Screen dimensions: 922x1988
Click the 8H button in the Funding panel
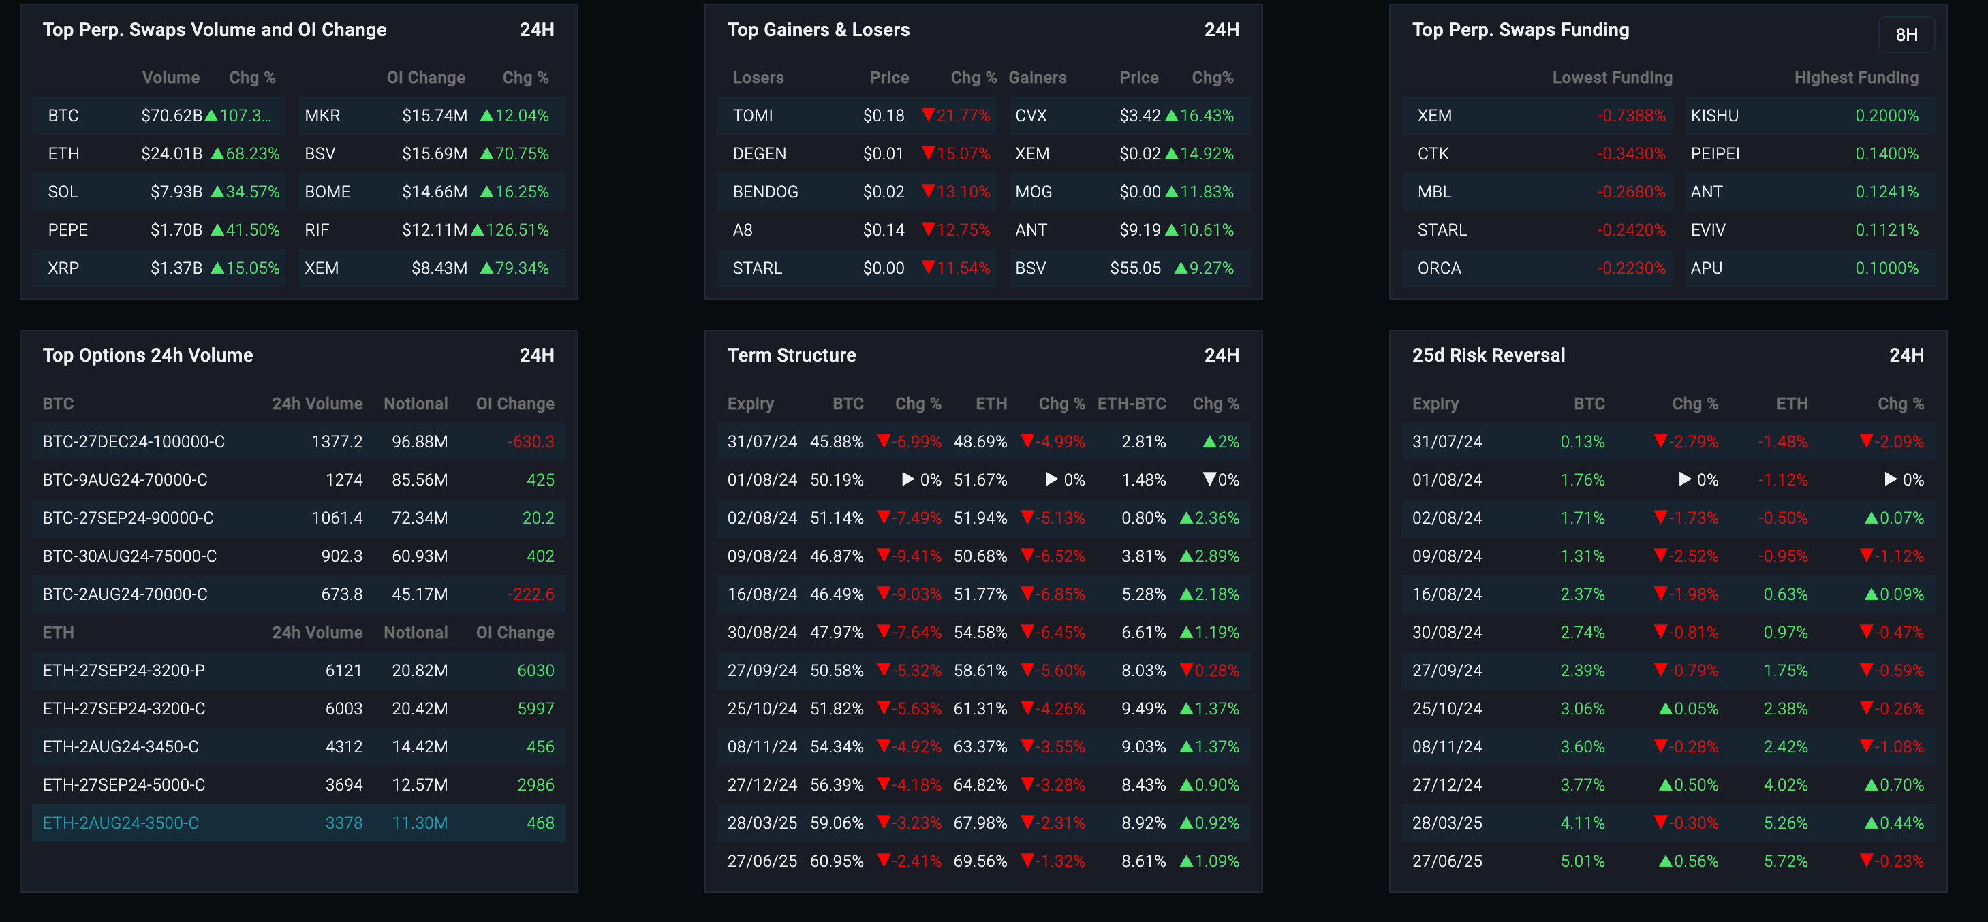point(1906,35)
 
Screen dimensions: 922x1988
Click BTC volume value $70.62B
point(171,116)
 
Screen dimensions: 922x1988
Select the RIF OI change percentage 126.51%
point(516,230)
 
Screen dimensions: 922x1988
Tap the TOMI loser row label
point(752,116)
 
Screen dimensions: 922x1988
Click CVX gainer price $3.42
point(1139,116)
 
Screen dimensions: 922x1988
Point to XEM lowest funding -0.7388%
point(1631,116)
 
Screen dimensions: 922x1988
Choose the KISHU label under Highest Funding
point(1714,116)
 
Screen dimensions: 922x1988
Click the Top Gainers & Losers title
point(818,30)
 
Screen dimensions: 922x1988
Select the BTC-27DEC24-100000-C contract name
point(134,442)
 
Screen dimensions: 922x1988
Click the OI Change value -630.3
point(531,442)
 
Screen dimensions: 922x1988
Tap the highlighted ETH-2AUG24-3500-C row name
point(121,823)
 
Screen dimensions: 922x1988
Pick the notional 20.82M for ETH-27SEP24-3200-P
point(419,671)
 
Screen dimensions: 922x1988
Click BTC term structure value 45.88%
point(836,442)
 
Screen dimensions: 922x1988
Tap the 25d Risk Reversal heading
point(1488,355)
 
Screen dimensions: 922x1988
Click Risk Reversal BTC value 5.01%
point(1582,861)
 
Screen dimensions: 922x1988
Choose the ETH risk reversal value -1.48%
point(1783,442)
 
